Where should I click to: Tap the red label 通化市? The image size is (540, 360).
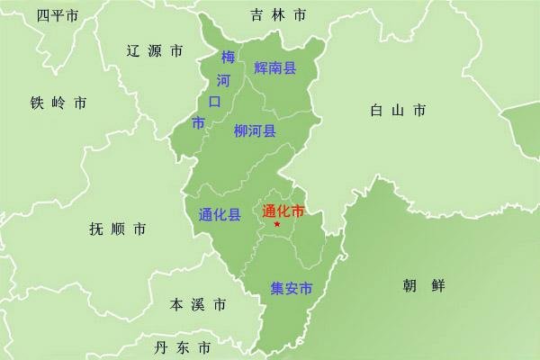[x=281, y=212]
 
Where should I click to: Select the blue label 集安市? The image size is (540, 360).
[x=292, y=289]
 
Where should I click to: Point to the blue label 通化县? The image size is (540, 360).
[x=219, y=215]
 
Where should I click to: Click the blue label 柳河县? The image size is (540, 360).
[x=255, y=130]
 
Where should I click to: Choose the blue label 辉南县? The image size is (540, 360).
[x=275, y=67]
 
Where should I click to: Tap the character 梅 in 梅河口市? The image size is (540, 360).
[x=228, y=58]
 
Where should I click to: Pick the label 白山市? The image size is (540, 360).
[x=397, y=111]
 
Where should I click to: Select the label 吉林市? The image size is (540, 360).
[x=278, y=15]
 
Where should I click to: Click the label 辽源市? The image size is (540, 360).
[x=155, y=50]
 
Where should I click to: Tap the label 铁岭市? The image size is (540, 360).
[x=58, y=103]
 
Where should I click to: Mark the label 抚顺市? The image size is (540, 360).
[x=117, y=229]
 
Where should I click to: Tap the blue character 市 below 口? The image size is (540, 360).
[x=199, y=121]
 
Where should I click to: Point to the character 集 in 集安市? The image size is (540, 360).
[x=278, y=289]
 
